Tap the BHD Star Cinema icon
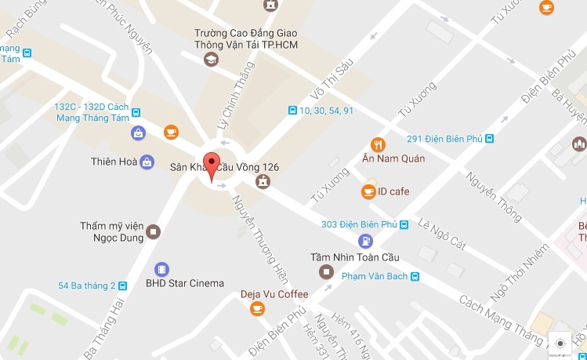click(x=161, y=269)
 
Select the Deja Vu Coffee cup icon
click(x=257, y=309)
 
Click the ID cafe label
click(x=393, y=191)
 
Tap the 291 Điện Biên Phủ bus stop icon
click(x=490, y=139)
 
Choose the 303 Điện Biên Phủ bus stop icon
click(x=404, y=225)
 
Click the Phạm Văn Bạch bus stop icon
click(x=415, y=276)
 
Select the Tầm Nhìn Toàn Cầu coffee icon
click(x=325, y=271)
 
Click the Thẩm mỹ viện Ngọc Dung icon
click(x=154, y=231)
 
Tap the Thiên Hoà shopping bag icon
click(x=147, y=162)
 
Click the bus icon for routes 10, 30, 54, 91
click(x=292, y=111)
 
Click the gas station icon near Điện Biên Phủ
click(x=364, y=241)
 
